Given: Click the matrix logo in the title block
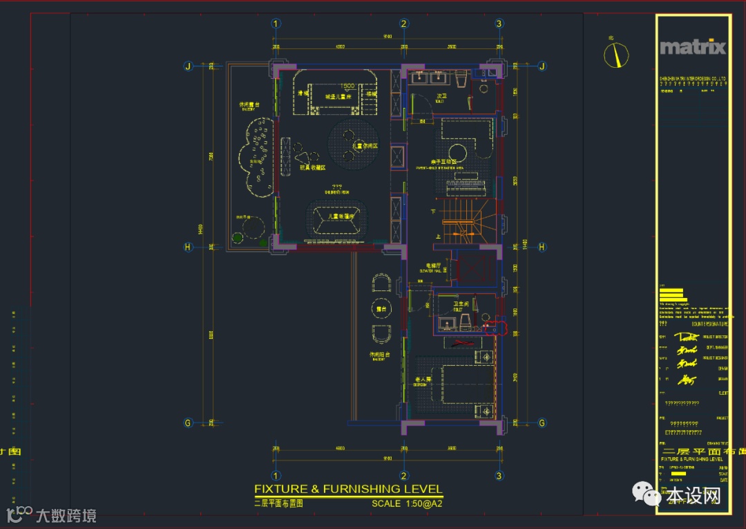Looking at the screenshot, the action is pos(693,47).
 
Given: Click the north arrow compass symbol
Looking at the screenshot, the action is pos(616,55).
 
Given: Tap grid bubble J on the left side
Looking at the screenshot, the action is pos(186,66).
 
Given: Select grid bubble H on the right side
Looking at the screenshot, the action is pos(542,247).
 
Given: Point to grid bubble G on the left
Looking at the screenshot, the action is pos(186,423).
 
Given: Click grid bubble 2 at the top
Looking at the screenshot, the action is pos(404,24).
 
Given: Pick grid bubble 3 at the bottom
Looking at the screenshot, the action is pos(499,476).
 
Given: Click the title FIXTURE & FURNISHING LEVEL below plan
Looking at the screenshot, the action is pos(348,489).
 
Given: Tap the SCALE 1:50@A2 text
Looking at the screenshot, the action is pos(407,504).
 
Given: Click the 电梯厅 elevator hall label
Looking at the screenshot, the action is pos(432,265).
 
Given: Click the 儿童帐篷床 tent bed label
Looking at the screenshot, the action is pos(341,216).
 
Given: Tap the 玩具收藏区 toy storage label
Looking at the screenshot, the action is pos(312,167).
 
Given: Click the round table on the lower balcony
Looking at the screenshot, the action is pos(379,307).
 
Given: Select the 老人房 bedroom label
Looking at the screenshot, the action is pos(423,380).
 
